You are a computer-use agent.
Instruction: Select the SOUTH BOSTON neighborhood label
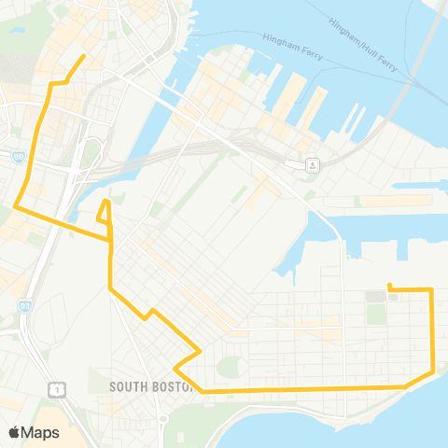(x=149, y=385)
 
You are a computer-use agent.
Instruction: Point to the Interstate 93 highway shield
(x=24, y=304)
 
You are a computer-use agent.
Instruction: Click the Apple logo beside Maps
(x=15, y=432)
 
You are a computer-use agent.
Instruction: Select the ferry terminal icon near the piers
(x=313, y=165)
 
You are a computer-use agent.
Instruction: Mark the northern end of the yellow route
(x=85, y=56)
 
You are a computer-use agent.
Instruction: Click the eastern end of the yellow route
(x=388, y=286)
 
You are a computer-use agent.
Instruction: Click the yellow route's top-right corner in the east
(x=431, y=290)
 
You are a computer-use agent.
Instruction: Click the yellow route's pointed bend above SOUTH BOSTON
(x=200, y=352)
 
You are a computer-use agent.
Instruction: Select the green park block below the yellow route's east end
(x=376, y=313)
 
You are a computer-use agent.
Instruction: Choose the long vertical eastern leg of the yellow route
(x=432, y=331)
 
